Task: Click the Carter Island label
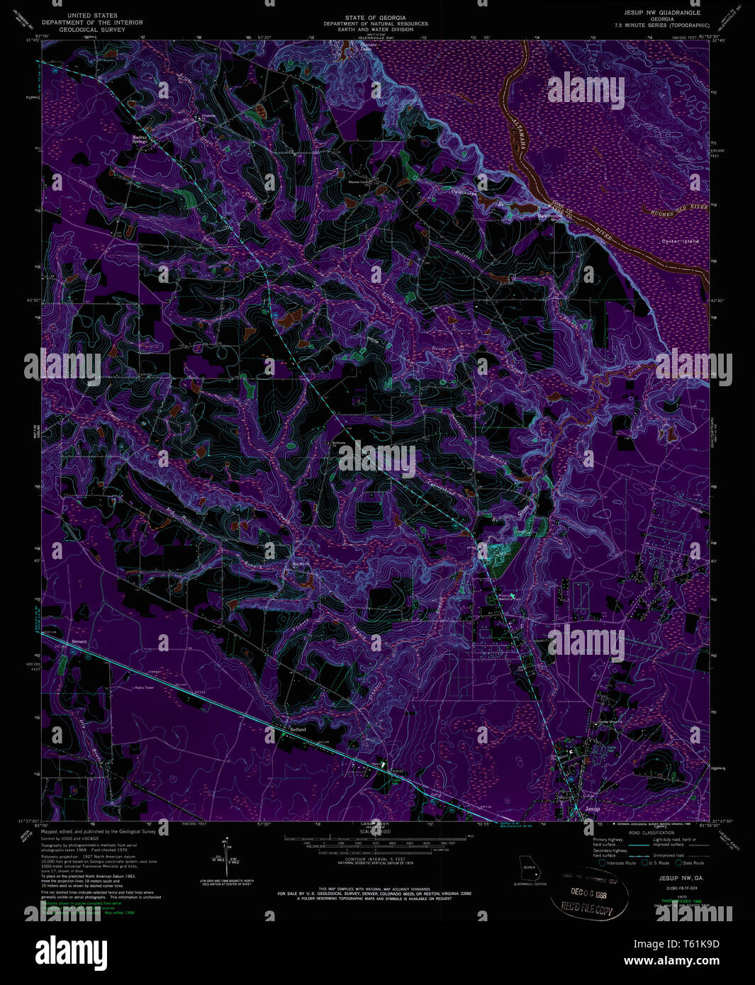(680, 242)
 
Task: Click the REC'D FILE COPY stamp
(588, 906)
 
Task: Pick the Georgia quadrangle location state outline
(528, 865)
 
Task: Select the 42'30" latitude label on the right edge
(717, 301)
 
